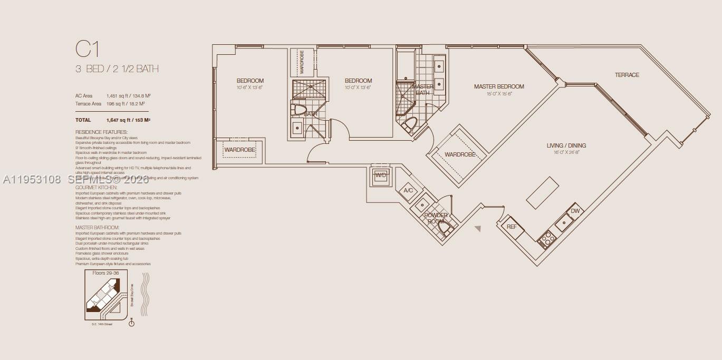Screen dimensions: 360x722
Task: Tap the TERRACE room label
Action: [x=627, y=75]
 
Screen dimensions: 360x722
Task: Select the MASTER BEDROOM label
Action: [x=498, y=86]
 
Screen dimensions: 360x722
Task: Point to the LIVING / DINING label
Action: [x=566, y=145]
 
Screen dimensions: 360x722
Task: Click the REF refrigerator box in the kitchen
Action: [x=512, y=227]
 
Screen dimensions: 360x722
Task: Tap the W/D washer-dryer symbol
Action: [x=380, y=175]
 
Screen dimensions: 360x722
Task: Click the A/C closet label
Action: [x=408, y=190]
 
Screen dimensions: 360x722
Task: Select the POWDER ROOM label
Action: [x=436, y=218]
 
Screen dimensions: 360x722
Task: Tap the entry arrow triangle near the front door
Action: [x=478, y=229]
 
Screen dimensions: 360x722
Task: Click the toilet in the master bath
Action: [x=410, y=125]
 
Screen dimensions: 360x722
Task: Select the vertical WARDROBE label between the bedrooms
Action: [x=302, y=62]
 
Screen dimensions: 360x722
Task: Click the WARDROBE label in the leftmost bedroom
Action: [x=239, y=150]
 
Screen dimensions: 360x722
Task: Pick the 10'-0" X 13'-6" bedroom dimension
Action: [x=358, y=87]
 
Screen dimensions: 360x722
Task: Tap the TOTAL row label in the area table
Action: [x=83, y=120]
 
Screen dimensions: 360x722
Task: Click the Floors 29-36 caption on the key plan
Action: [x=105, y=274]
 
